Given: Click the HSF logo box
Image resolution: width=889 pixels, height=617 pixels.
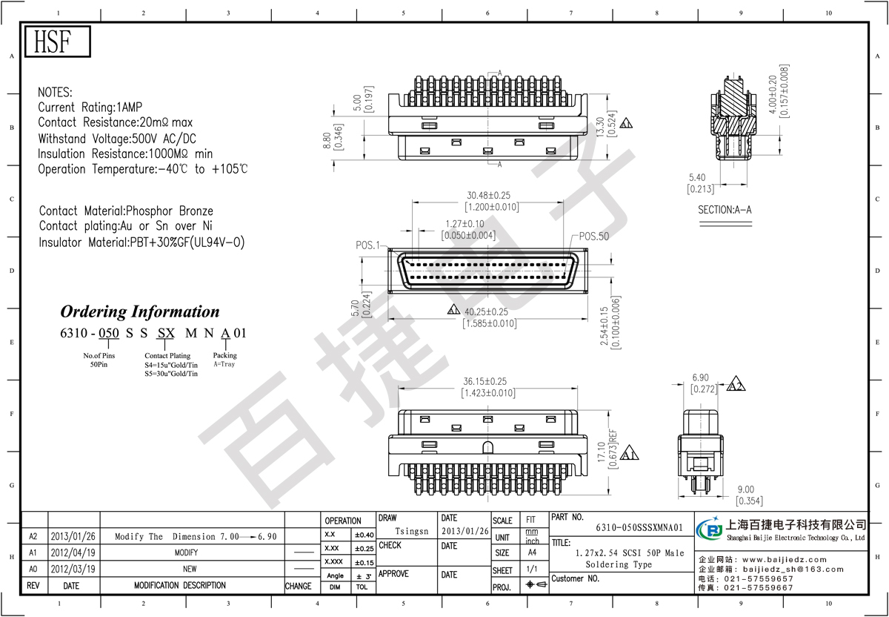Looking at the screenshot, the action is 58,42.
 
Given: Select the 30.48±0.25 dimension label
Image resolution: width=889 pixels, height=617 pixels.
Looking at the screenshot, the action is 488,196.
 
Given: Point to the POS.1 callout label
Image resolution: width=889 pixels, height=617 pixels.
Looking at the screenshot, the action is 367,245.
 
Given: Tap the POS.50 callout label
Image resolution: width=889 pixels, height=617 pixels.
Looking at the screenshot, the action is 593,237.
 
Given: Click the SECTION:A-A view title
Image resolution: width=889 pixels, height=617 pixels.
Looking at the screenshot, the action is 725,210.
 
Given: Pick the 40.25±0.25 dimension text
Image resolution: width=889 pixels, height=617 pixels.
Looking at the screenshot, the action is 486,312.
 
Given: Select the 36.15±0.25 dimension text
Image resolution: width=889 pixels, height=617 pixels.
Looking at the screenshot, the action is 485,381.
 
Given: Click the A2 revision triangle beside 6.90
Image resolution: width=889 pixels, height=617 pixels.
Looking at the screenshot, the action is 736,384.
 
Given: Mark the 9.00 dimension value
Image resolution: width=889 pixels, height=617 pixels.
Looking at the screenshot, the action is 746,489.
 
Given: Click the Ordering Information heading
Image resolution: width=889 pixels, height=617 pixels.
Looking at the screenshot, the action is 140,311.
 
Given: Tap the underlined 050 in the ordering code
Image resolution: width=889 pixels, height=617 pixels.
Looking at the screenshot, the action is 109,333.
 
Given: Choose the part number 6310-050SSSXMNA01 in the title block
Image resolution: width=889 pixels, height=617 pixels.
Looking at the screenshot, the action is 639,527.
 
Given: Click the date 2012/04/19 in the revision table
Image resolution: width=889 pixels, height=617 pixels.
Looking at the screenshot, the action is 73,552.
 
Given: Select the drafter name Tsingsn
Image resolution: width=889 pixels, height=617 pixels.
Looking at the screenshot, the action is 412,531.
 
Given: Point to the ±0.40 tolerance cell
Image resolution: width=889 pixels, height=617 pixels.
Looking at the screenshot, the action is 364,535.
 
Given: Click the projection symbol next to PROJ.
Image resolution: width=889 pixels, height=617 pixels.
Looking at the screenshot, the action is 536,584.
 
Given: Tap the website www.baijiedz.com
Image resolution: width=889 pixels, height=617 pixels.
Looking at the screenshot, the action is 785,559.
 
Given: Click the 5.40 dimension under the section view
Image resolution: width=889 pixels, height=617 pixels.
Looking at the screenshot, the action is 697,177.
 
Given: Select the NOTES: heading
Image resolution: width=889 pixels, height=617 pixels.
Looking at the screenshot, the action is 55,92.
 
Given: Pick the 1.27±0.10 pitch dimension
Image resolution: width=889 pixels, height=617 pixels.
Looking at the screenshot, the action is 465,224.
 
